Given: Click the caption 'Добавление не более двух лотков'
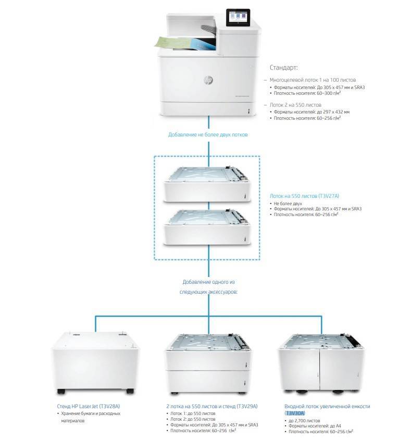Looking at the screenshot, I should [208, 134].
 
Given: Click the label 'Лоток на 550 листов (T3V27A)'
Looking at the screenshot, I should [304, 196].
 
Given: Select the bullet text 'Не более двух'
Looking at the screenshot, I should [288, 203].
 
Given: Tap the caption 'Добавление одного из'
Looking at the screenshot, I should [208, 282].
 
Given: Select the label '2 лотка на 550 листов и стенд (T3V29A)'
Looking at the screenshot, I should [213, 406].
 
